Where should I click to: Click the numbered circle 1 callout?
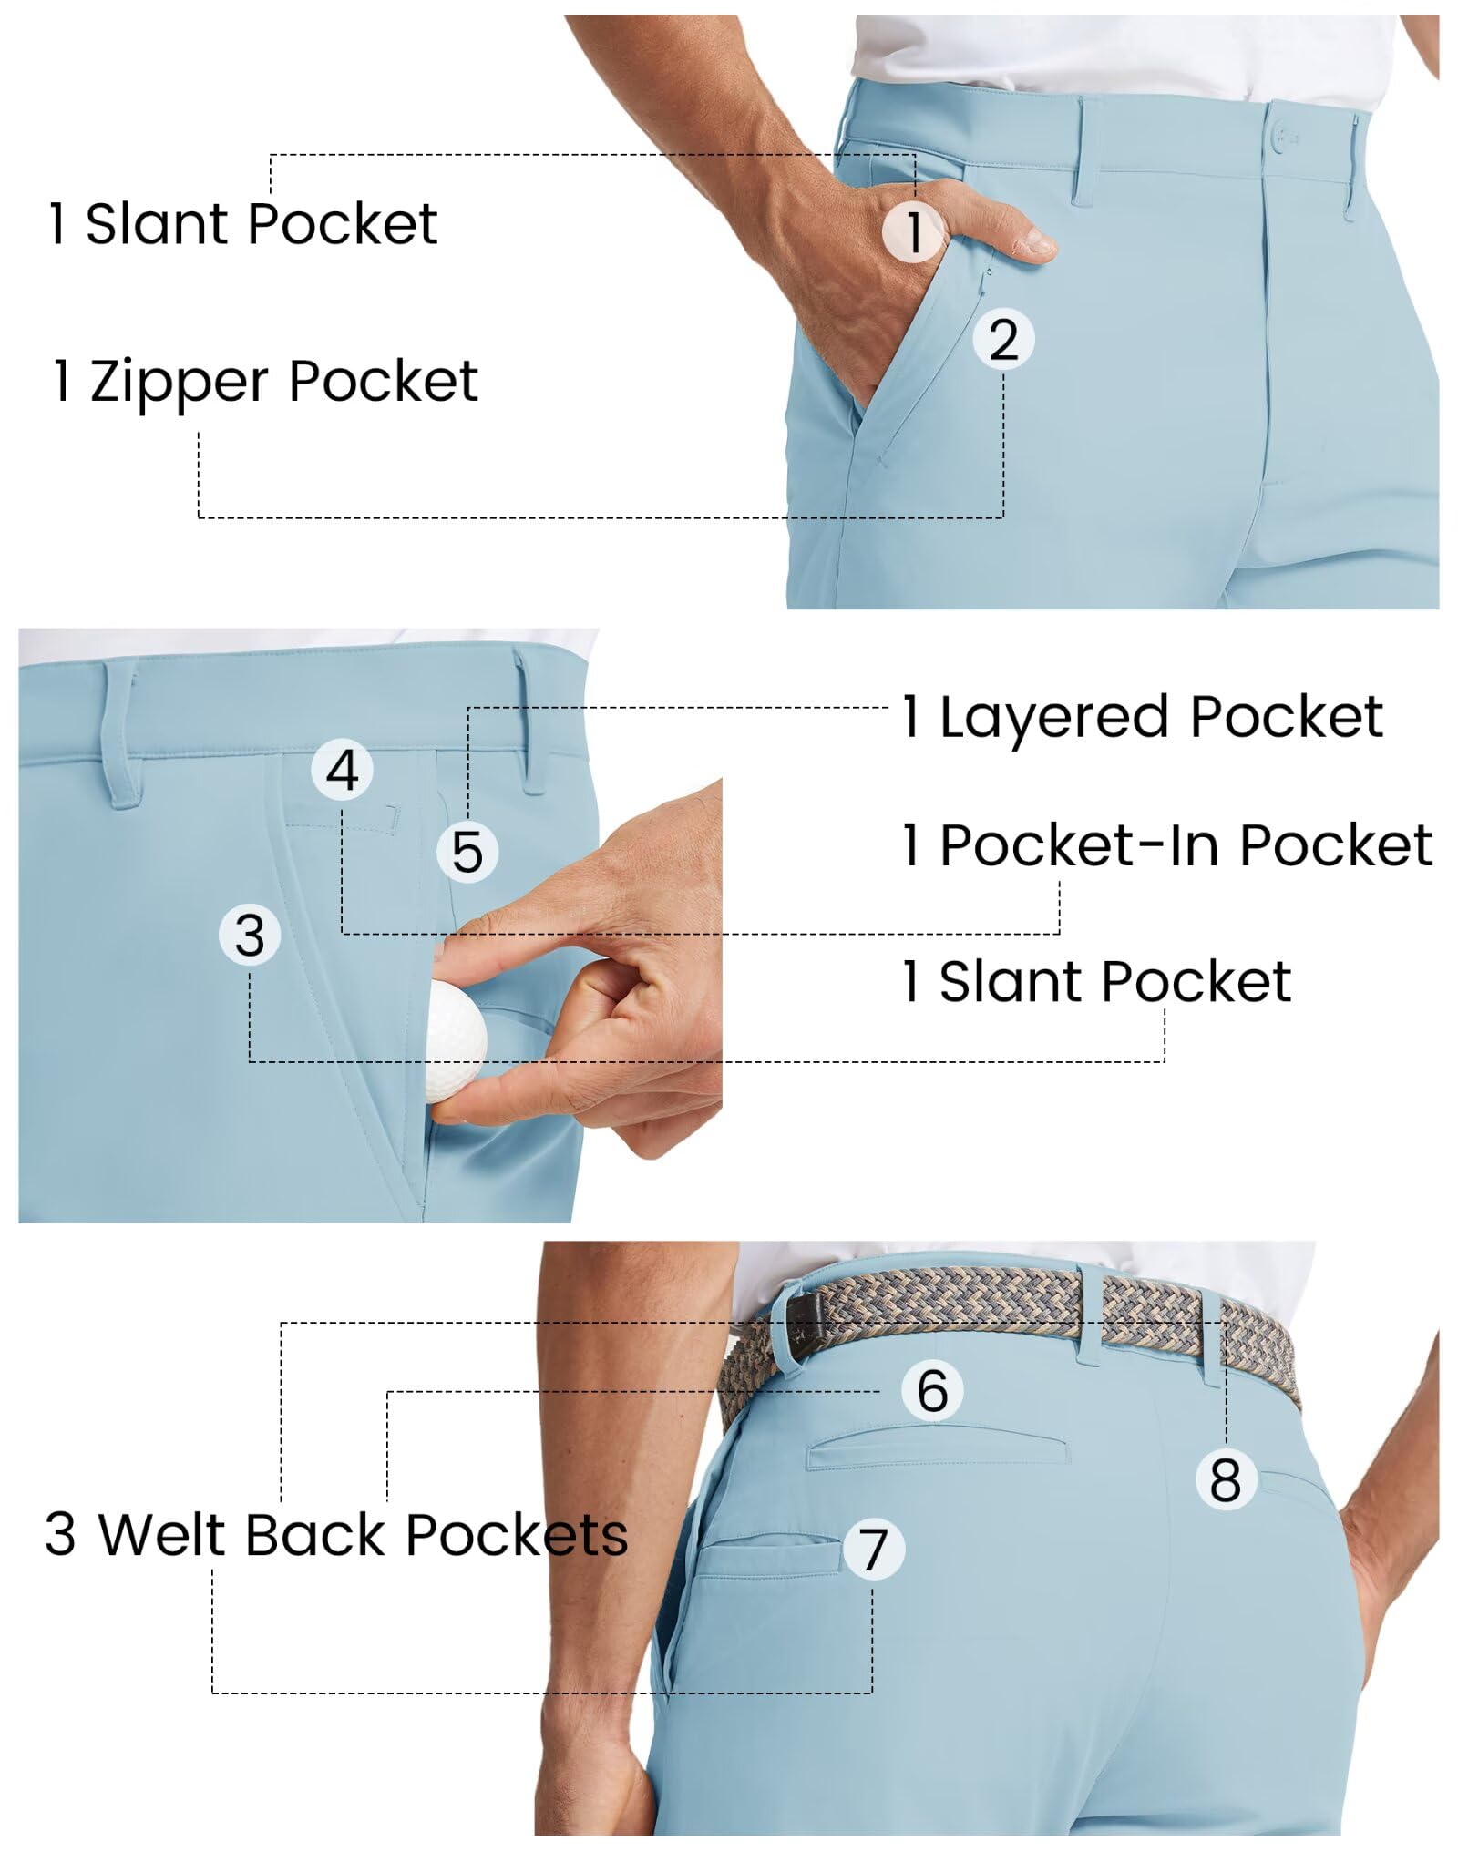(913, 231)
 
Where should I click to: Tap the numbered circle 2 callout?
(1003, 340)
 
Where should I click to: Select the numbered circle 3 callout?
(250, 936)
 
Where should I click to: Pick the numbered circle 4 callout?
(343, 771)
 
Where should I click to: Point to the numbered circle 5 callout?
(467, 853)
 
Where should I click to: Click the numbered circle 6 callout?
(932, 1390)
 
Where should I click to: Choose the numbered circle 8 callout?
(1226, 1478)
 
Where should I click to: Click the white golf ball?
(456, 1052)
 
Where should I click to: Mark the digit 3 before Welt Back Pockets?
(60, 1535)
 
